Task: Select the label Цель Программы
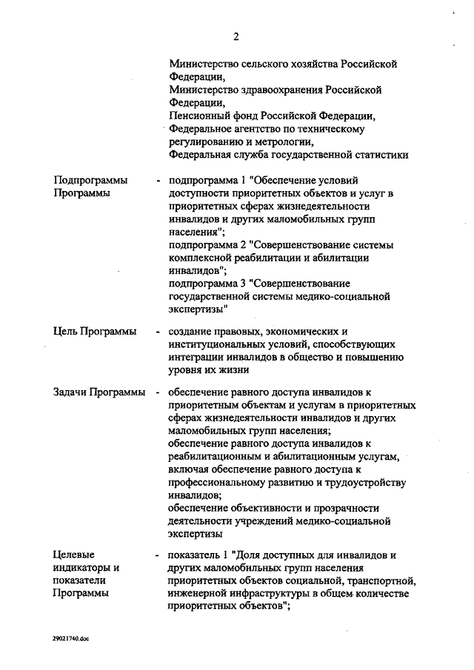[95, 331]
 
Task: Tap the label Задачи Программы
[99, 392]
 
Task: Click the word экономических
[302, 331]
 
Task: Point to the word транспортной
[375, 580]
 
